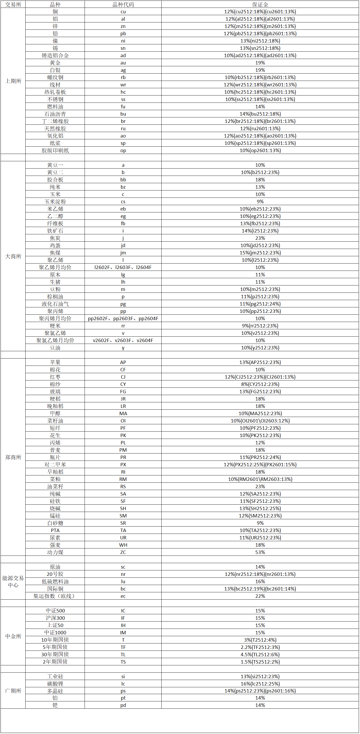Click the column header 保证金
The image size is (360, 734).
[260, 4]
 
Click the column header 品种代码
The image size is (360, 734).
[123, 4]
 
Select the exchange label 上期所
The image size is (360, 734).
[13, 81]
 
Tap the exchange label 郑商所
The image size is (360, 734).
[13, 457]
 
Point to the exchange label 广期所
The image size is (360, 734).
[13, 691]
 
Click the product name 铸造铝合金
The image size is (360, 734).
[55, 55]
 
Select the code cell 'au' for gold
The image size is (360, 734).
[123, 63]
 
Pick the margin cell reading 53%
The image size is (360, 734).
[260, 552]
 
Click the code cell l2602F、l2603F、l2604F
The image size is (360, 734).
[123, 267]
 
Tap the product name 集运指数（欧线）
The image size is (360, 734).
[55, 596]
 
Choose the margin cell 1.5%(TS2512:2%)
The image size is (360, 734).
[260, 662]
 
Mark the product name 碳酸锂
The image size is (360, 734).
[55, 684]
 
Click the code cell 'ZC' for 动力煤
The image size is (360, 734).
[123, 552]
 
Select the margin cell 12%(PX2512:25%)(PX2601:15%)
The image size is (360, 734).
[260, 464]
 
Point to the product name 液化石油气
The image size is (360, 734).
[55, 304]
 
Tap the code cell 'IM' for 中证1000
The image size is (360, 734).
[123, 632]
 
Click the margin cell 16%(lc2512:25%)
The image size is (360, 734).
[260, 684]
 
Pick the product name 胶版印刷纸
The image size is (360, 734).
[55, 150]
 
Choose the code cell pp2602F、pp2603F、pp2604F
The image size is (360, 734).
[123, 318]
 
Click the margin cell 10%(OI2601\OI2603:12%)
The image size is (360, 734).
[260, 421]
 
